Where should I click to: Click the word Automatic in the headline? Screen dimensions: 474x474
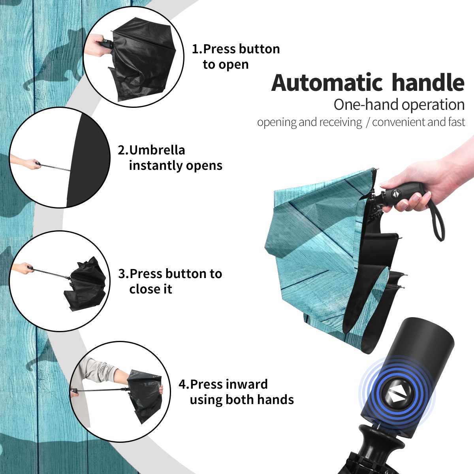click(327, 83)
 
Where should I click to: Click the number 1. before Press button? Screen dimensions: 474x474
click(197, 49)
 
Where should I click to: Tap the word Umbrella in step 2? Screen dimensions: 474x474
click(157, 150)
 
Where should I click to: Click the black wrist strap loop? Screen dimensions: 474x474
click(437, 220)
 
